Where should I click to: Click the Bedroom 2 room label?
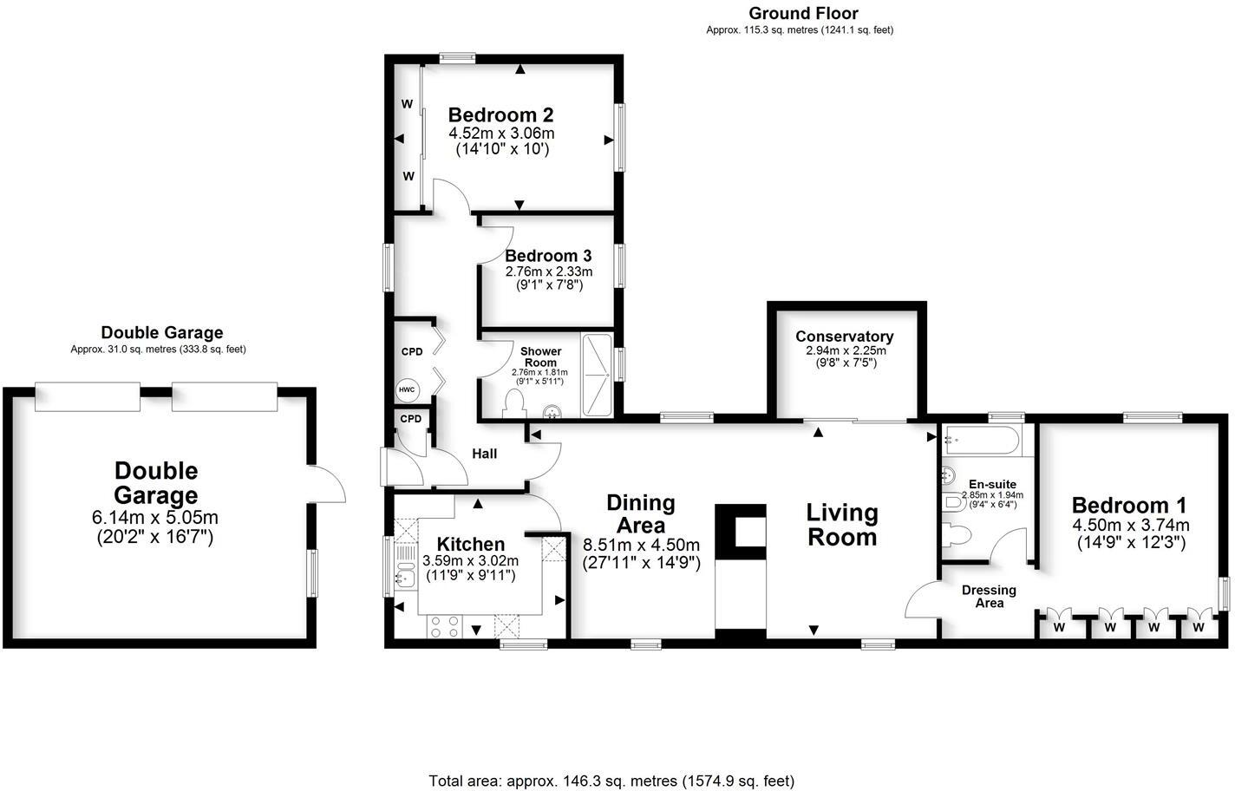(500, 115)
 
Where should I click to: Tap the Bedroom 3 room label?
(548, 256)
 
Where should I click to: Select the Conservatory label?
(844, 337)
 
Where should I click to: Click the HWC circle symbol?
(407, 390)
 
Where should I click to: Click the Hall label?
(484, 454)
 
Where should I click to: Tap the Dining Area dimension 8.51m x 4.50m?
(641, 545)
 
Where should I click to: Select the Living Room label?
(842, 525)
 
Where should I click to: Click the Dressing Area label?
(989, 596)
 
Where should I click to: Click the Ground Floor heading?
(803, 13)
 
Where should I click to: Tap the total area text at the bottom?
(611, 781)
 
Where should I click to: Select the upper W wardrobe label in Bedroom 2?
(406, 104)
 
